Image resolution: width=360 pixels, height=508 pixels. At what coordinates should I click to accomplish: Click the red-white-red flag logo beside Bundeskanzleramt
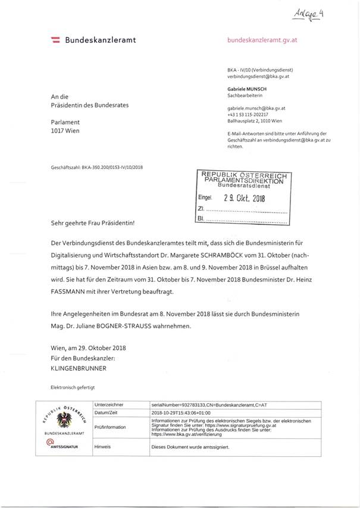tap(55, 40)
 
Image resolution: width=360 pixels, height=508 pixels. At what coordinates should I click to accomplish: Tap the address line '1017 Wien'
tap(65, 130)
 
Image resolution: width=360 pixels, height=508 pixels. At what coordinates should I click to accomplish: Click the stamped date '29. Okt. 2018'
tap(243, 199)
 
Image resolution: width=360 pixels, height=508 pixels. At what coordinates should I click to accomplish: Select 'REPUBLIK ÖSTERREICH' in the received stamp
tap(244, 175)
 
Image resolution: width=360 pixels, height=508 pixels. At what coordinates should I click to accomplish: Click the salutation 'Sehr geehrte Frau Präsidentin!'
tap(93, 224)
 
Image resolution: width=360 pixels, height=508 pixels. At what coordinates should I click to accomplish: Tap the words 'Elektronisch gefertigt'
tap(73, 387)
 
